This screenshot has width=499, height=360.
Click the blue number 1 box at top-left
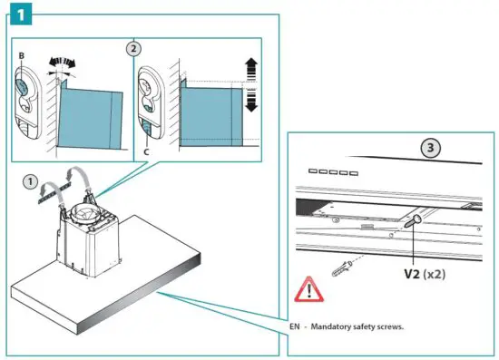tap(18, 16)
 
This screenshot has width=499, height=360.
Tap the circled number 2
tap(133, 49)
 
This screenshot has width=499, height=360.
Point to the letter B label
tap(20, 57)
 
